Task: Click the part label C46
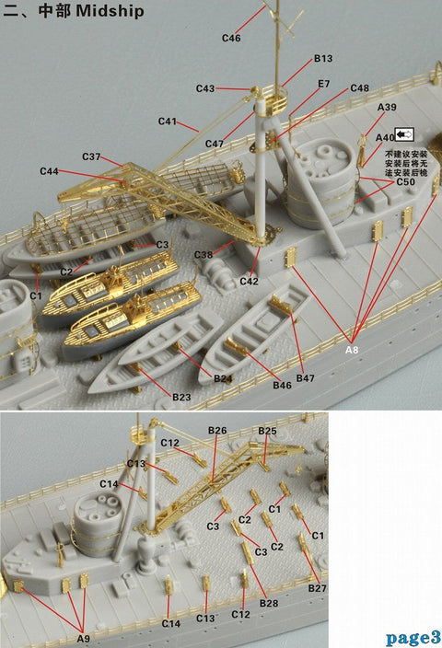(231, 38)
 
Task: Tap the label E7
(324, 84)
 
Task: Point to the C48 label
(360, 88)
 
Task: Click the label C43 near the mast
(204, 88)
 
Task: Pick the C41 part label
(167, 121)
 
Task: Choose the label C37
(91, 156)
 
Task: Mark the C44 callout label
(49, 172)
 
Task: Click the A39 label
(387, 108)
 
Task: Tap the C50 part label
(406, 183)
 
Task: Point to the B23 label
(181, 397)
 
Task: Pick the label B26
(217, 431)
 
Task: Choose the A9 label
(83, 638)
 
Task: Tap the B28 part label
(269, 603)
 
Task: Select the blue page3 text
(413, 637)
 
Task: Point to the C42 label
(249, 280)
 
